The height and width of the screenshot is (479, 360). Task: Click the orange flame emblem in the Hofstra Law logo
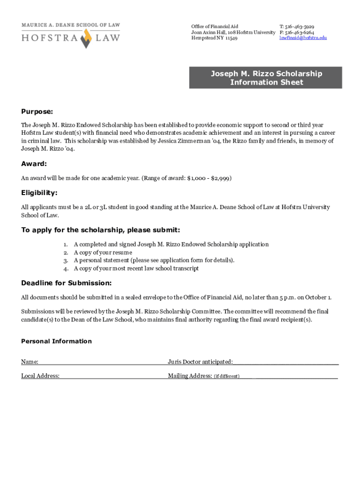tap(85, 38)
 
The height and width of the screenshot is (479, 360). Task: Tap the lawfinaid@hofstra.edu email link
tap(303, 38)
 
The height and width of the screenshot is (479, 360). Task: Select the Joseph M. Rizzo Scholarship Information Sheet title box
tap(266, 78)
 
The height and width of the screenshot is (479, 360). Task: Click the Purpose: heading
tap(37, 112)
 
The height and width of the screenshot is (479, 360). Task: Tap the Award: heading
tap(34, 164)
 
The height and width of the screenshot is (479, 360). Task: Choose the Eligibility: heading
tap(39, 193)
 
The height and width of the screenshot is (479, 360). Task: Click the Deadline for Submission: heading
tap(66, 283)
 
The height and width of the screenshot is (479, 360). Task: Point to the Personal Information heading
tap(57, 341)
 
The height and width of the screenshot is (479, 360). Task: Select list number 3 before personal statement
tap(66, 260)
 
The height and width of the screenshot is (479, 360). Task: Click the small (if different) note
tap(227, 376)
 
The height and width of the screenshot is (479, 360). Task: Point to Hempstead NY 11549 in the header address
tap(214, 38)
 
